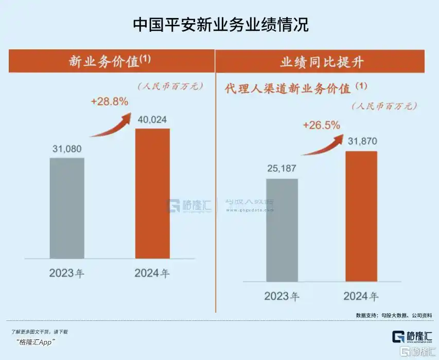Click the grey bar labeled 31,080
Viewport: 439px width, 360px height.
point(67,208)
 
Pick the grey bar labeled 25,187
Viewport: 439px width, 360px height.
point(282,230)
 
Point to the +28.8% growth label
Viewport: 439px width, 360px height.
point(109,101)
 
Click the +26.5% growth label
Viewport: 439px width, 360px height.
point(322,125)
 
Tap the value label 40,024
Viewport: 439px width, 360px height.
point(152,120)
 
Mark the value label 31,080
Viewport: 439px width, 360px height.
point(67,149)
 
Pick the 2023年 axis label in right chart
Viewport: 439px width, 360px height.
point(282,296)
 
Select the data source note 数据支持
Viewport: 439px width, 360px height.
point(394,315)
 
